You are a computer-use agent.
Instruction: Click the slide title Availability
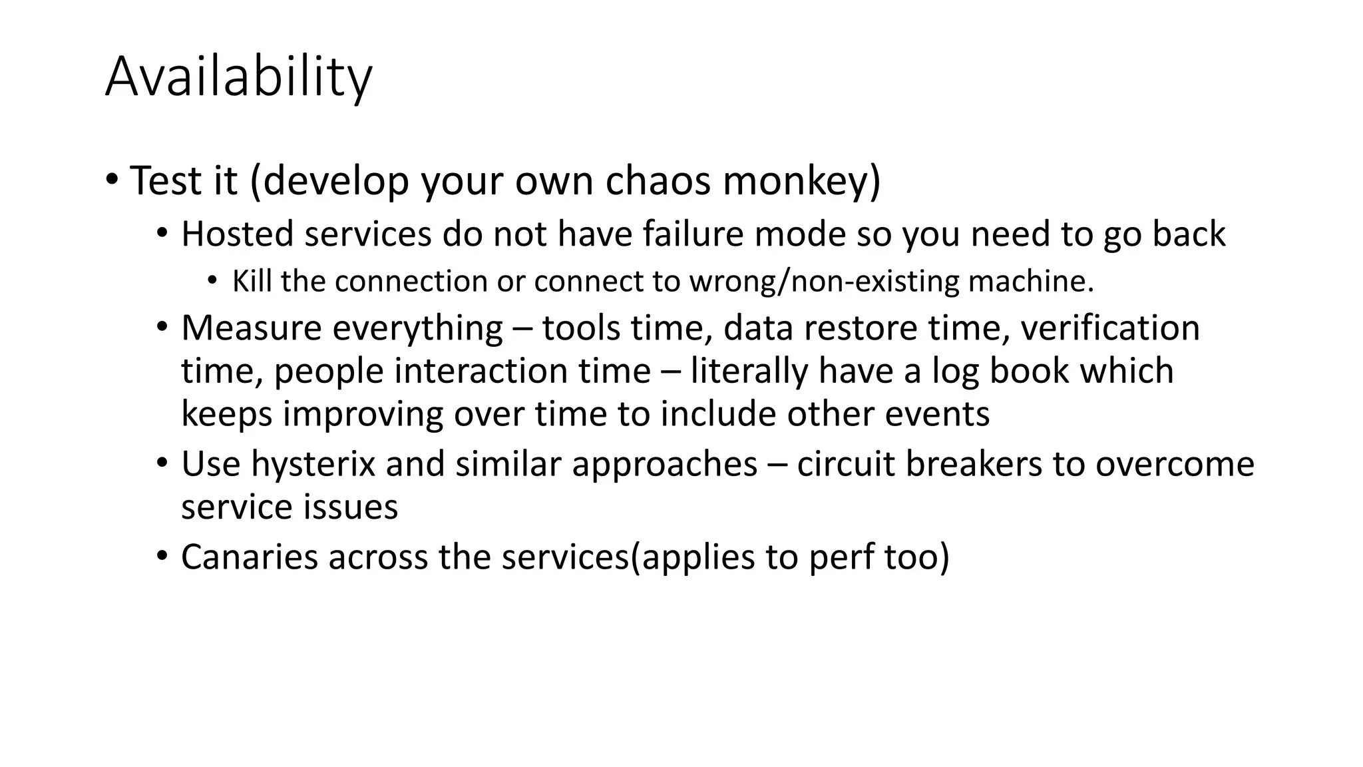click(x=238, y=77)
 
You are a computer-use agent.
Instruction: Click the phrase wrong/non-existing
click(x=824, y=282)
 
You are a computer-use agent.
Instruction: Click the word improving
click(x=363, y=414)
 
